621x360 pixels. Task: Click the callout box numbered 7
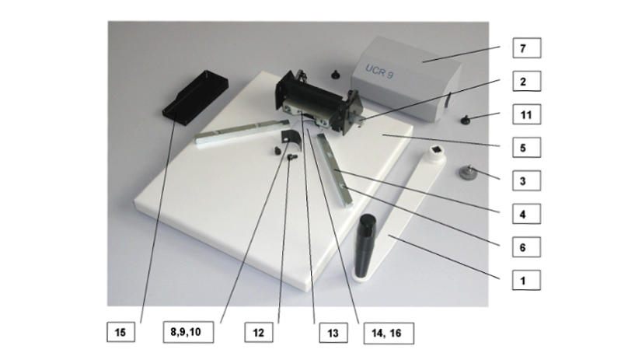click(x=527, y=48)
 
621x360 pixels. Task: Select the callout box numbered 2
click(x=527, y=81)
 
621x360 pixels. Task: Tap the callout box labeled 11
click(x=527, y=114)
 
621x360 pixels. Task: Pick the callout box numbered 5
click(x=527, y=148)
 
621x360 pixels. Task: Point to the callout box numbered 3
click(x=527, y=181)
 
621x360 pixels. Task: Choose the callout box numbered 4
click(x=527, y=215)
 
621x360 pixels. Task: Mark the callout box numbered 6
click(x=527, y=247)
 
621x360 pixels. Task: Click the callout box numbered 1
click(x=527, y=281)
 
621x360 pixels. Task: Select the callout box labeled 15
click(x=120, y=332)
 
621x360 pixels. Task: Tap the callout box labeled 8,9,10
click(x=189, y=332)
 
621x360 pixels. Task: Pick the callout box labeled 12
click(x=259, y=332)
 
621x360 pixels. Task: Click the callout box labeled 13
click(x=333, y=333)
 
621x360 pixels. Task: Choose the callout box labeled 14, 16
click(x=389, y=333)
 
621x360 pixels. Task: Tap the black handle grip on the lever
click(x=367, y=246)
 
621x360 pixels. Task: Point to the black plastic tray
click(x=195, y=98)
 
